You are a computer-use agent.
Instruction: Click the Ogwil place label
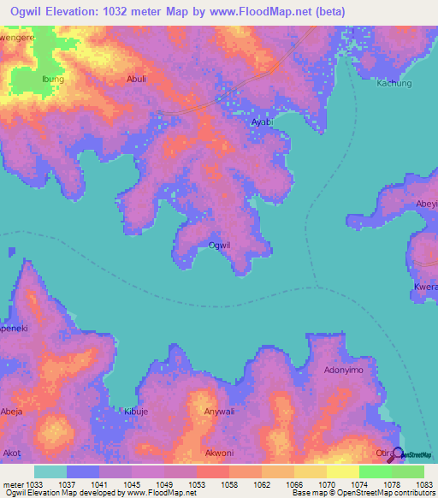pos(220,246)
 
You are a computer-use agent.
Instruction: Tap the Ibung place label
pos(53,79)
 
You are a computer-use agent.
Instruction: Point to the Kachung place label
pos(394,84)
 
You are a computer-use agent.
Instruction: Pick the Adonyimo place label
pos(343,371)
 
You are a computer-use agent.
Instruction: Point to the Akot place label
pos(13,453)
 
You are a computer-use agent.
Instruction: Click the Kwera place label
pos(425,288)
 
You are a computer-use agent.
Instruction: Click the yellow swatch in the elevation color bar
pos(342,471)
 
